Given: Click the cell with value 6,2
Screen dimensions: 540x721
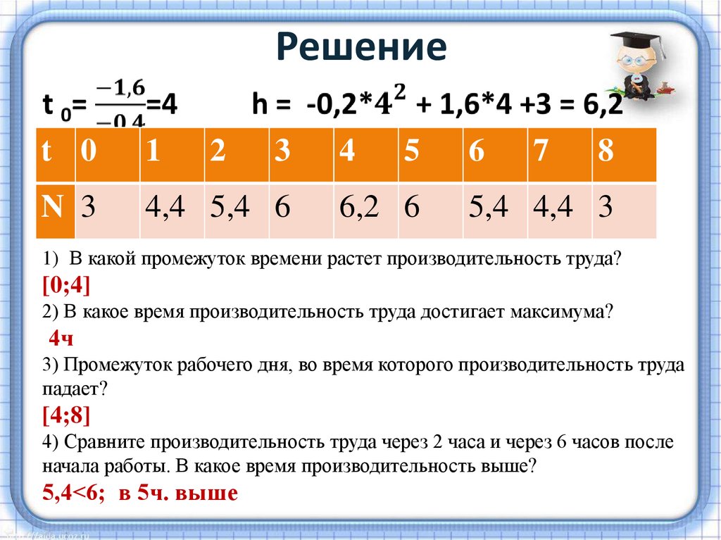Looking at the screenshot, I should (x=358, y=208).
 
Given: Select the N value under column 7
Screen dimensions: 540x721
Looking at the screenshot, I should (x=552, y=208).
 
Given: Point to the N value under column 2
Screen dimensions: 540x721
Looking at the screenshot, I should (x=229, y=208).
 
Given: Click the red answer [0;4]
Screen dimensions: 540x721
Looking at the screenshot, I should (x=65, y=285).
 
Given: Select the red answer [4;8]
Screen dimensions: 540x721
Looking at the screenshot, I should (x=65, y=415).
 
